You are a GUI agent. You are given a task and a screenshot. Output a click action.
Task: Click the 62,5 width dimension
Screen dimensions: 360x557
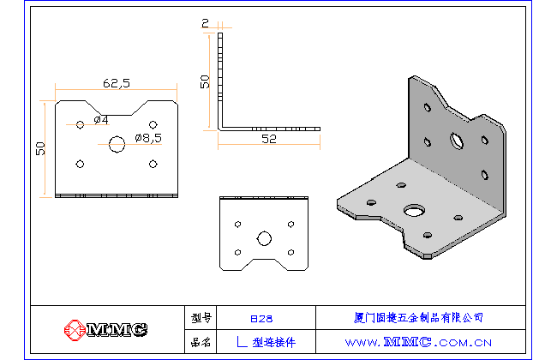(x=116, y=83)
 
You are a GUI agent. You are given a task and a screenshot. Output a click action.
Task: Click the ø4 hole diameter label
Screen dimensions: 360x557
(x=99, y=118)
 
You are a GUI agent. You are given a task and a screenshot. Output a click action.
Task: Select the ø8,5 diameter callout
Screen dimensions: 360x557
(x=147, y=137)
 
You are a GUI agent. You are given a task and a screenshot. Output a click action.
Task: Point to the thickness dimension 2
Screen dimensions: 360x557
(x=205, y=23)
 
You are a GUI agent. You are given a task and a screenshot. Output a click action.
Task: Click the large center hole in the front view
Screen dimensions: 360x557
(x=117, y=144)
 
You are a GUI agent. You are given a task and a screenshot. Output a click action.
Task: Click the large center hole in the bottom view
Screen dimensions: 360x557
(x=264, y=237)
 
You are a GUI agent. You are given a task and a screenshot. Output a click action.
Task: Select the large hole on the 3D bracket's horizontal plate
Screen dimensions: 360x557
(x=416, y=209)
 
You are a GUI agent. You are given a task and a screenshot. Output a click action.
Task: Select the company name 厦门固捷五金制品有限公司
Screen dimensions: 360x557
(x=418, y=318)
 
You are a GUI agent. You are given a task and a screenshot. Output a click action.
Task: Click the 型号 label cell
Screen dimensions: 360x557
(x=201, y=318)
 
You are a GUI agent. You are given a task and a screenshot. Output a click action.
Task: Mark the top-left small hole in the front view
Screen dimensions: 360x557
(x=80, y=124)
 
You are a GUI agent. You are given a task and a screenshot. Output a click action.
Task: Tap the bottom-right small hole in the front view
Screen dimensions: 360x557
(x=153, y=164)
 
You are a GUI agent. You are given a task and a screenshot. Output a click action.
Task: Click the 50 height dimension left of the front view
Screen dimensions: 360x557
(x=40, y=148)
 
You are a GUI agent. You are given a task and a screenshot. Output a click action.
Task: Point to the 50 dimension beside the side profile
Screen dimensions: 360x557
(x=205, y=81)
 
